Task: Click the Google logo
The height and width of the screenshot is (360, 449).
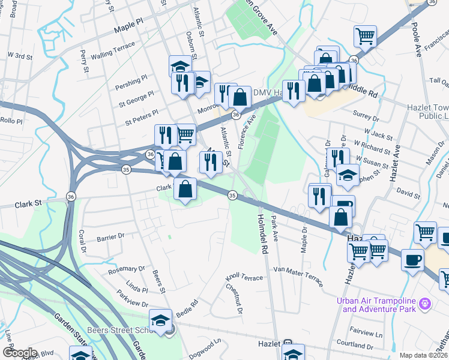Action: click(20, 353)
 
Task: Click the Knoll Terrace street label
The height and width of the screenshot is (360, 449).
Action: click(244, 278)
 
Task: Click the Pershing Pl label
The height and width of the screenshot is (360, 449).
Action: click(132, 80)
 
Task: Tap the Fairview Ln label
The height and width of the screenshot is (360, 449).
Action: click(366, 332)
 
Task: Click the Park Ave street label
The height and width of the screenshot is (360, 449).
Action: click(274, 229)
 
